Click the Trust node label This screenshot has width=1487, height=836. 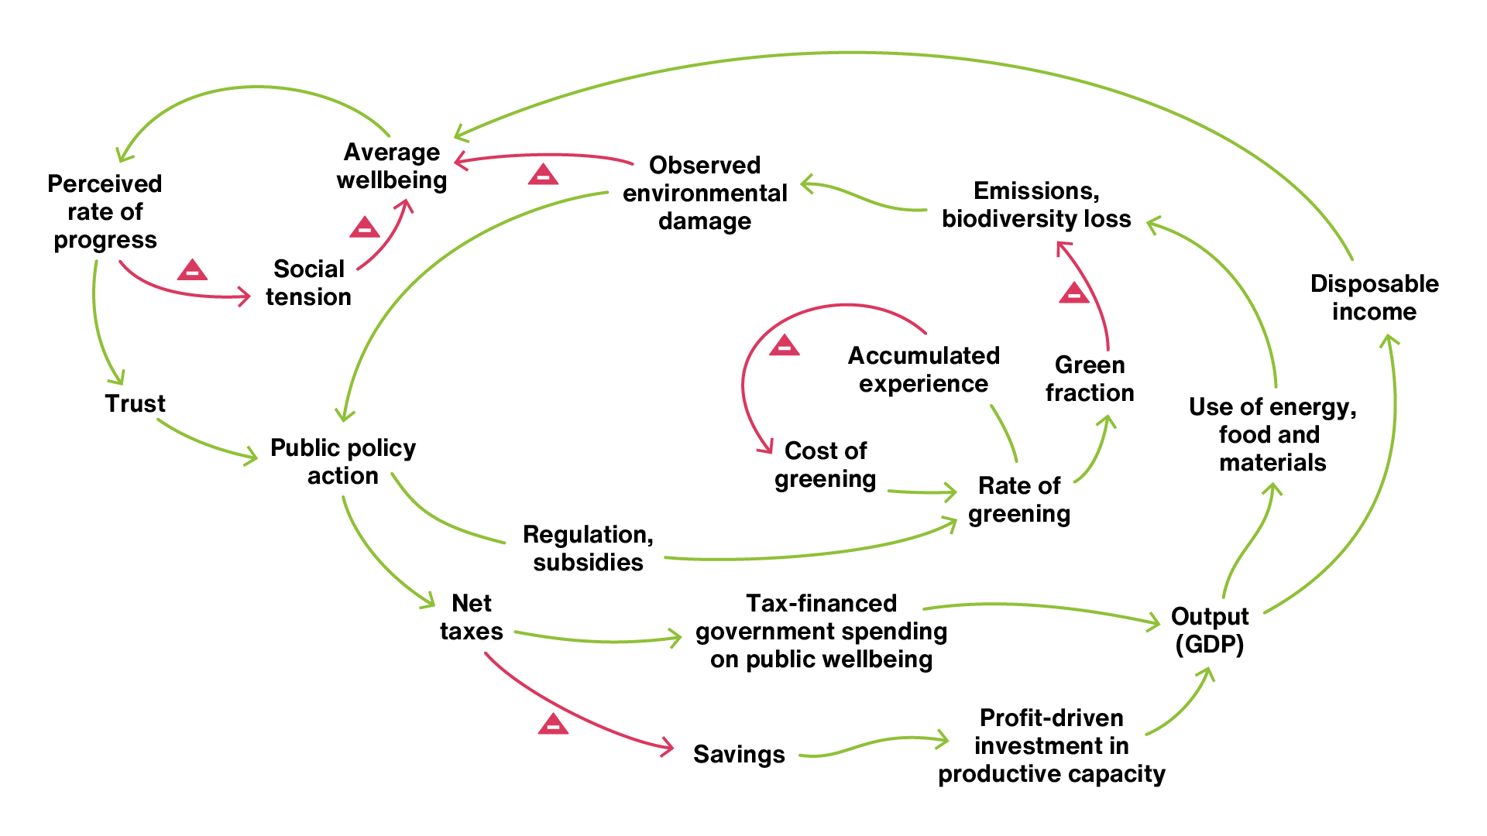pos(136,403)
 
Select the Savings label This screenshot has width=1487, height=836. pos(739,754)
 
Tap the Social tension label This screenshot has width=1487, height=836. pos(308,283)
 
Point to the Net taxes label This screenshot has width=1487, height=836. pos(472,617)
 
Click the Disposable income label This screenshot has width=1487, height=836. pos(1375,297)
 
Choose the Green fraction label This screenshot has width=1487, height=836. pos(1090,379)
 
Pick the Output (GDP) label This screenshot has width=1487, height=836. pos(1210,630)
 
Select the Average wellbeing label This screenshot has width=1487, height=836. pos(392,166)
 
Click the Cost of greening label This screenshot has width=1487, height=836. pos(826,464)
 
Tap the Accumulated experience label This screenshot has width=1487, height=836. pos(924,369)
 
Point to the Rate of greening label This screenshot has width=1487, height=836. pos(1019,499)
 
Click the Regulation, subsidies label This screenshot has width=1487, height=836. pos(589,548)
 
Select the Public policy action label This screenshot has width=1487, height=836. pos(343,461)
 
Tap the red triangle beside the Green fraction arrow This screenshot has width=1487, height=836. pos(1074,293)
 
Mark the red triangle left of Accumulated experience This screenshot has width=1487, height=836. pos(785,346)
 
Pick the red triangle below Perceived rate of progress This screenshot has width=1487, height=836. pos(192,271)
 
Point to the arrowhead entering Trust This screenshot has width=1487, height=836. pos(118,377)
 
